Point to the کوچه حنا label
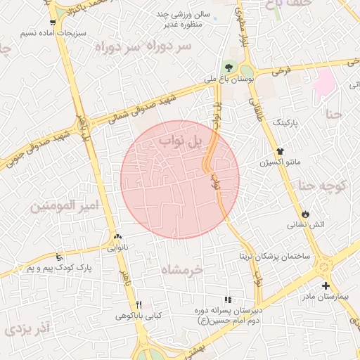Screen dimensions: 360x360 [323, 186]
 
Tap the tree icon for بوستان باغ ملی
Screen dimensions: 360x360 [228, 67]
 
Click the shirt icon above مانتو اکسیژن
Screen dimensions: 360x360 [280, 150]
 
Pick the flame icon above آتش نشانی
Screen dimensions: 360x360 [305, 214]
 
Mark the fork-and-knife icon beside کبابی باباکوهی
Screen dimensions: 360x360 [139, 304]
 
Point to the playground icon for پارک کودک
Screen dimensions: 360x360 [59, 257]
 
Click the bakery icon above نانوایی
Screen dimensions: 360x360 [117, 237]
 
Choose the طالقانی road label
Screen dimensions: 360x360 [255, 105]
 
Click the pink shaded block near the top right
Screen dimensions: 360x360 [324, 83]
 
